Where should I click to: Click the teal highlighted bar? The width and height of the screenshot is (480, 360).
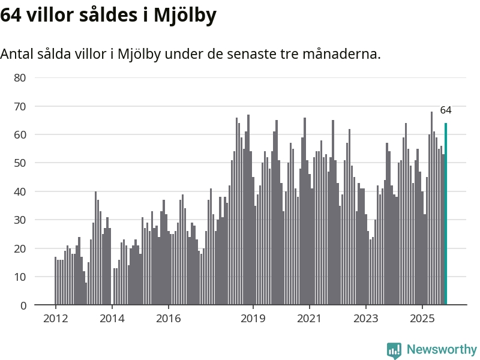coord(446,214)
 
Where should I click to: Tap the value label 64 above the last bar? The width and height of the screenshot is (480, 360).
coord(446,110)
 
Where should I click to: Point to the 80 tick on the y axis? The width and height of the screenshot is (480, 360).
coord(20,77)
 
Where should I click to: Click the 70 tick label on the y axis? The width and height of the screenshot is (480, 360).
coord(20,106)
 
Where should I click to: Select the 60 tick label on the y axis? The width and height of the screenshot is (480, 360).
coord(20,134)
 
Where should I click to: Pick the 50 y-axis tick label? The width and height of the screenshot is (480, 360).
coord(20,163)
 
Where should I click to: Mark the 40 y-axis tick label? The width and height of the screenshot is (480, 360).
coord(20,191)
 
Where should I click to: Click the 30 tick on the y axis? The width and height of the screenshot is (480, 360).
coord(20,220)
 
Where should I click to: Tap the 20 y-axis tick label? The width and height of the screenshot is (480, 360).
coord(20,248)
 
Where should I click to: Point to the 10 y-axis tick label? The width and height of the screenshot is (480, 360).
coord(20,277)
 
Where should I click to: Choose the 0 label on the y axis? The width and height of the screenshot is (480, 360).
coord(23,305)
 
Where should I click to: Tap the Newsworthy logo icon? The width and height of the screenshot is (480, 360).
coord(394,350)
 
